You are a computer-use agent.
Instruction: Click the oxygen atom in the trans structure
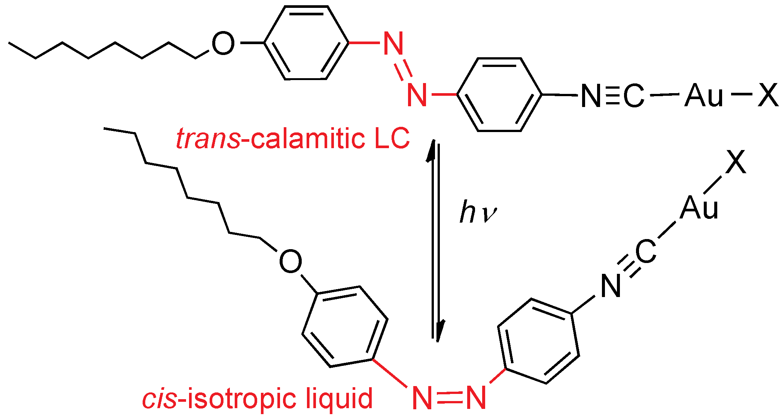click(223, 44)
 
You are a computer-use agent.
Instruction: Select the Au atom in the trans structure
click(704, 96)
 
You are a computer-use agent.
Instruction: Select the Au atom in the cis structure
click(699, 208)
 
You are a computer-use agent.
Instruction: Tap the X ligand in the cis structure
click(736, 162)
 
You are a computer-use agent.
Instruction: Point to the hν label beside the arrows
click(478, 212)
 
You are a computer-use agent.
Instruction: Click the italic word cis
click(159, 399)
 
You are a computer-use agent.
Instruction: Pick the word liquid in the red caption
click(339, 399)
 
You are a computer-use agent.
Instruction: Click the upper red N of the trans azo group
click(394, 43)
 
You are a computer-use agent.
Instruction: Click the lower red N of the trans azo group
click(417, 95)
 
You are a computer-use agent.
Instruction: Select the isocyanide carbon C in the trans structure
click(633, 96)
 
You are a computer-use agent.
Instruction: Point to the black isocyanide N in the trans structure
click(591, 96)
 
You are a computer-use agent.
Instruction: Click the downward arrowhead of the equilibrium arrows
click(440, 331)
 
